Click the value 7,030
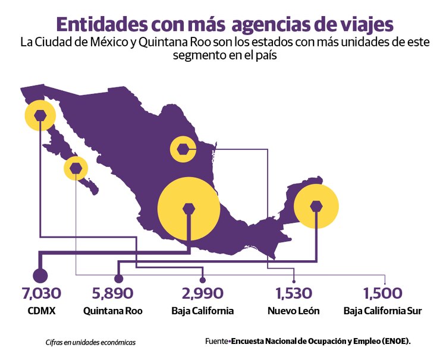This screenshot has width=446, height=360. (x=41, y=293)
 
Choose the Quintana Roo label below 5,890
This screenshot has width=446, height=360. (x=113, y=311)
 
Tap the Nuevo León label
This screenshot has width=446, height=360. (x=293, y=311)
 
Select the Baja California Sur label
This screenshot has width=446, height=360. (x=383, y=311)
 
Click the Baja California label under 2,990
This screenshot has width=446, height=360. (x=202, y=311)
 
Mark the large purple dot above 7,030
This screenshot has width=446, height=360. (x=40, y=276)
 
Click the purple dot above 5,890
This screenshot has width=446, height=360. (x=118, y=278)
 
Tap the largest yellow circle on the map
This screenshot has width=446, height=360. (x=189, y=208)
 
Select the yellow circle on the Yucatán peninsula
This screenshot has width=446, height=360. (x=316, y=206)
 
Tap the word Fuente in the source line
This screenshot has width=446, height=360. (x=216, y=342)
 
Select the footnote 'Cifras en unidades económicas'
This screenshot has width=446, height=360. (x=90, y=342)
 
